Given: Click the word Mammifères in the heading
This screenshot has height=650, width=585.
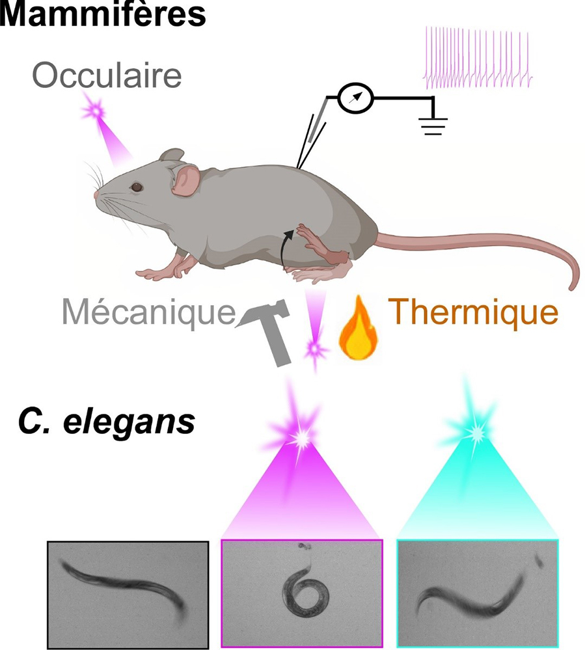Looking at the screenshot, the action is point(103,14).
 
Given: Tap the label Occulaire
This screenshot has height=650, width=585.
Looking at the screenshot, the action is point(107,76).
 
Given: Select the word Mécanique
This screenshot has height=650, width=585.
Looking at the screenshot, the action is point(148,312).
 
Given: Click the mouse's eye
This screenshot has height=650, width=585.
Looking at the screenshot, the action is point(137,187).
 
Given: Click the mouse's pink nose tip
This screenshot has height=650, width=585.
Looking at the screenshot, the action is point(96,195).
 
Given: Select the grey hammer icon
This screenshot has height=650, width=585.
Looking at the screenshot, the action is point(267,332).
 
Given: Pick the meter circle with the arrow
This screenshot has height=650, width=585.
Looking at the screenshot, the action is point(355,98).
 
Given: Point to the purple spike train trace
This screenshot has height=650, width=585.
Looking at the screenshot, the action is point(478,58).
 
